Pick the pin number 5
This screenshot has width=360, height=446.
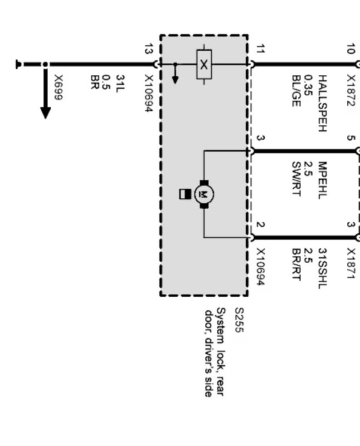click(x=350, y=138)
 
